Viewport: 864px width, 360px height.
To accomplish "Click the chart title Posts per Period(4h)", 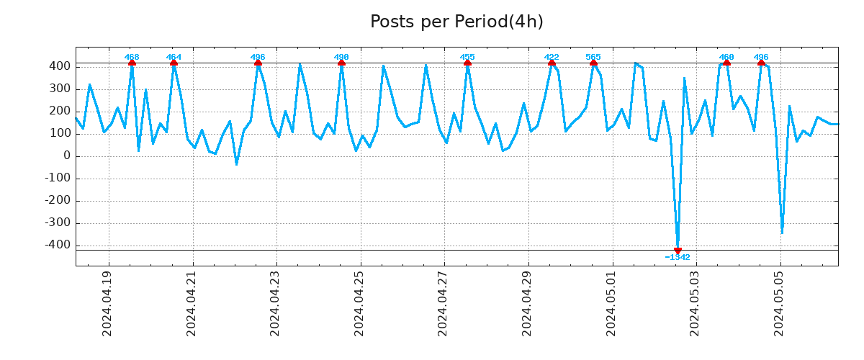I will pyautogui.click(x=456, y=22).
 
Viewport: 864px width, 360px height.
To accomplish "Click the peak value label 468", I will pyautogui.click(x=132, y=57).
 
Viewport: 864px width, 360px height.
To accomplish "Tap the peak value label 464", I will pyautogui.click(x=174, y=57).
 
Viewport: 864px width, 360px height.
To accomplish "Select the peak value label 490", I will pyautogui.click(x=341, y=57).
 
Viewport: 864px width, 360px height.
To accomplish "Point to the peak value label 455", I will pyautogui.click(x=467, y=57).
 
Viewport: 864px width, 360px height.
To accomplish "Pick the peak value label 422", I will pyautogui.click(x=552, y=57).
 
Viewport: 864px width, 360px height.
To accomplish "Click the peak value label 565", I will pyautogui.click(x=593, y=57).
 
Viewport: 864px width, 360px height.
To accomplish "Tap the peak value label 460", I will pyautogui.click(x=726, y=57).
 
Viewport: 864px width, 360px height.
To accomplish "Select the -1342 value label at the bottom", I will pyautogui.click(x=678, y=258).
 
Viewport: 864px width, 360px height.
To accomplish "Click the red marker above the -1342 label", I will pyautogui.click(x=678, y=251).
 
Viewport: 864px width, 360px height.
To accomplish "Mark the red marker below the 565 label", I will pyautogui.click(x=593, y=63).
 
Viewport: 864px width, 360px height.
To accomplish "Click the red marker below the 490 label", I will pyautogui.click(x=341, y=63).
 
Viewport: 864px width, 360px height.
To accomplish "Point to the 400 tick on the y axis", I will pyautogui.click(x=60, y=66).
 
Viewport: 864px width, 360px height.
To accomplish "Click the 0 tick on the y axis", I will pyautogui.click(x=66, y=156).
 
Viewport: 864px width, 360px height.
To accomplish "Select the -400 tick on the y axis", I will pyautogui.click(x=57, y=246).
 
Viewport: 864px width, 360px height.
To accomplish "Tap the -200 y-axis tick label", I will pyautogui.click(x=57, y=201).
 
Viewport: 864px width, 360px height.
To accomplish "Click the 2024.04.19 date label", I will pyautogui.click(x=107, y=303).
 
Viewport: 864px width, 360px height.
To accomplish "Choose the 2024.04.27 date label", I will pyautogui.click(x=443, y=303).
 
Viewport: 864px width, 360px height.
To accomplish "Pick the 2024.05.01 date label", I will pyautogui.click(x=611, y=303).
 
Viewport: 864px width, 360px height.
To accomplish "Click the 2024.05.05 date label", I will pyautogui.click(x=779, y=303).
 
